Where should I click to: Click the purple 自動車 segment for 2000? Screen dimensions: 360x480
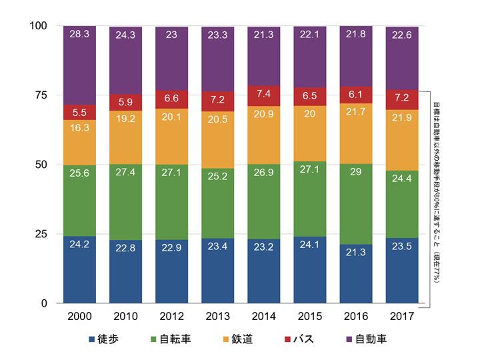pos(79,65)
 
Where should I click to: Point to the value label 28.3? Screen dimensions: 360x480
pos(79,33)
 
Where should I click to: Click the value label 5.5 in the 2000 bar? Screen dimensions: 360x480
pos(79,113)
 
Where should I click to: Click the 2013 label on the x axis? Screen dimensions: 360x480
pos(217,315)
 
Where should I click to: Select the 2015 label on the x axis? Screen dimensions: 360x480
pos(310,315)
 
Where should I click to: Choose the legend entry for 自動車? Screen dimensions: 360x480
pos(367,340)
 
